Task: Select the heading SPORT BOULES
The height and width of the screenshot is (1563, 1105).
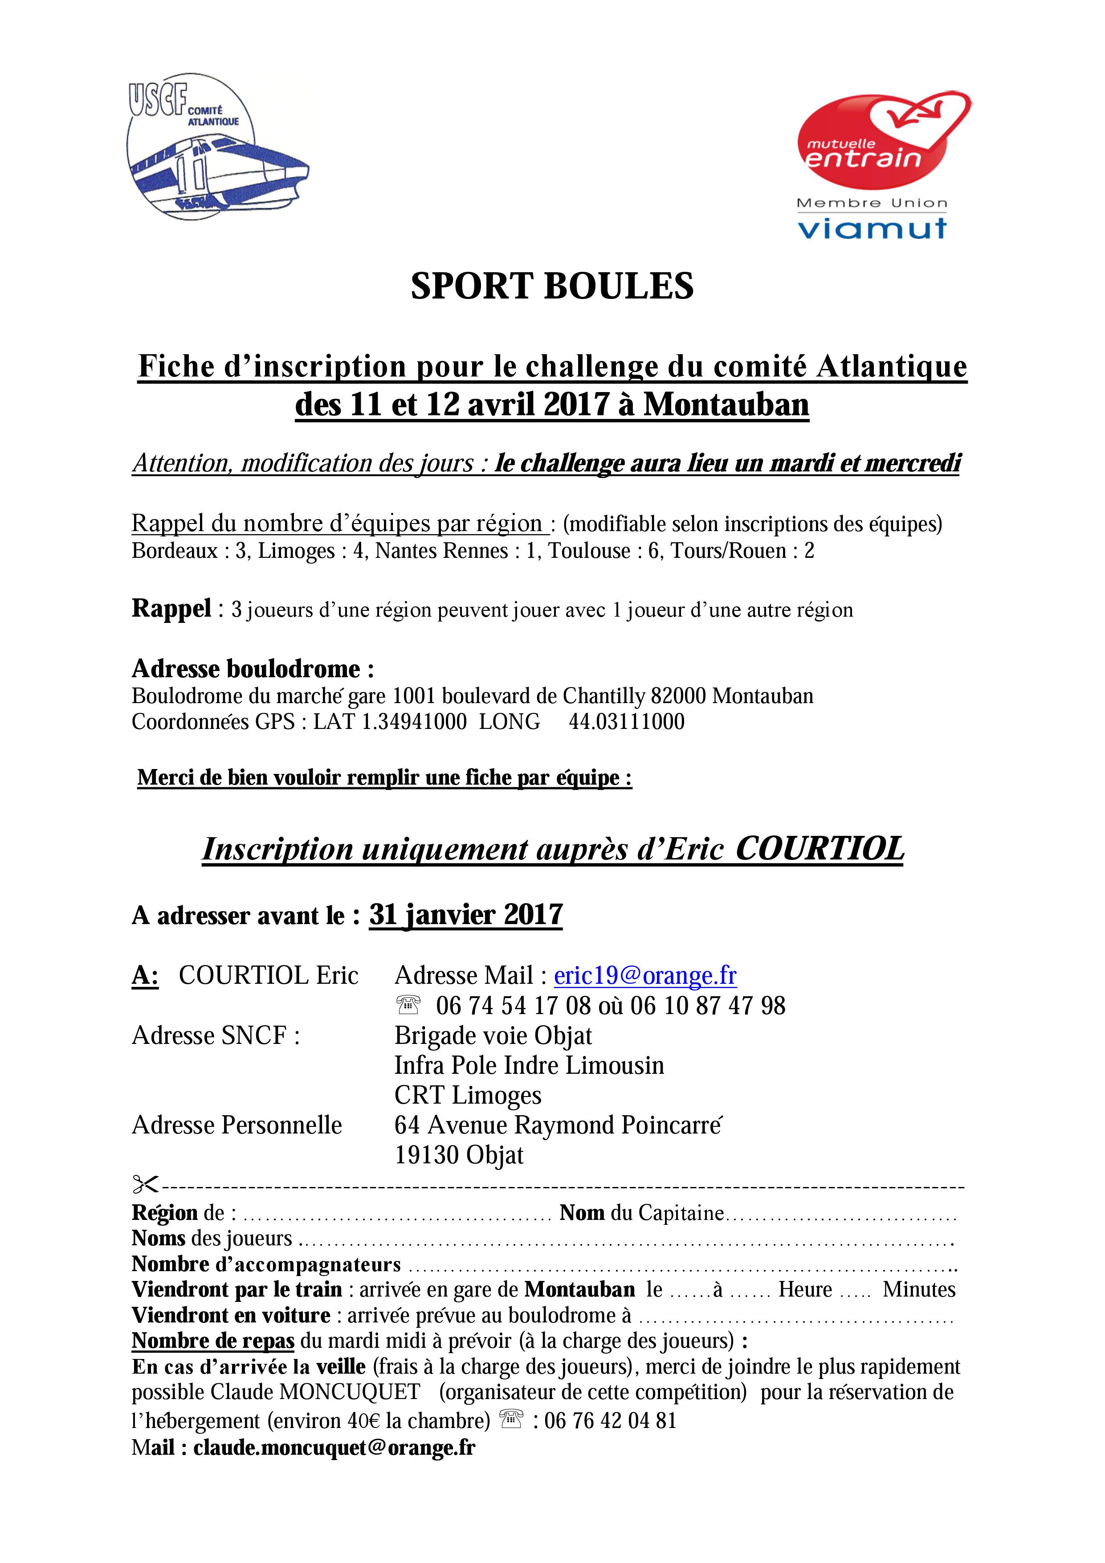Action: (x=552, y=286)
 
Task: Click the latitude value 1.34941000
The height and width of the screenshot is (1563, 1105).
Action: (x=414, y=722)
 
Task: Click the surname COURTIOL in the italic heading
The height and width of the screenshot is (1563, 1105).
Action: (x=820, y=849)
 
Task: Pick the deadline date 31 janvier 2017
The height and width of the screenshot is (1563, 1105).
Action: (x=466, y=915)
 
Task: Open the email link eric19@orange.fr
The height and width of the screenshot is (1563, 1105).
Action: (x=645, y=975)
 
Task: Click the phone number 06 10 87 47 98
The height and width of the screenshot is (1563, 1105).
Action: (x=708, y=1006)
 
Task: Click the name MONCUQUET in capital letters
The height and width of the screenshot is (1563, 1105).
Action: (x=350, y=1392)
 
